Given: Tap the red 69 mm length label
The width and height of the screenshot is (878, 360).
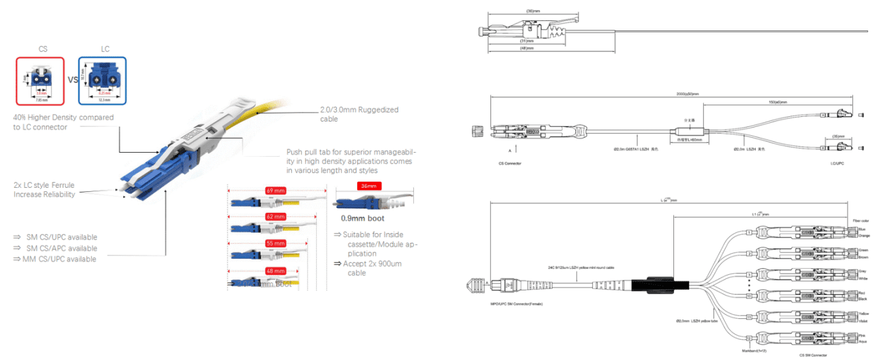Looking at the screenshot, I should pyautogui.click(x=275, y=190).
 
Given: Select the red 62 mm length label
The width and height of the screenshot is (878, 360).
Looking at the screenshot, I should pyautogui.click(x=275, y=217).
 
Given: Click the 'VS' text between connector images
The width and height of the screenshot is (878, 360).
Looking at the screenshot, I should pyautogui.click(x=72, y=81).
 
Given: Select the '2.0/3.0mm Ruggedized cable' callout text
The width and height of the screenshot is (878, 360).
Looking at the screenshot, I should pyautogui.click(x=359, y=113).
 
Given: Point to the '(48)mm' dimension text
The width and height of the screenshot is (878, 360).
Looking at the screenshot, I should pyautogui.click(x=526, y=49).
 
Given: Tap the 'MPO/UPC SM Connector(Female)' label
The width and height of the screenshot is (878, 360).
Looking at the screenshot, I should pyautogui.click(x=513, y=305).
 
